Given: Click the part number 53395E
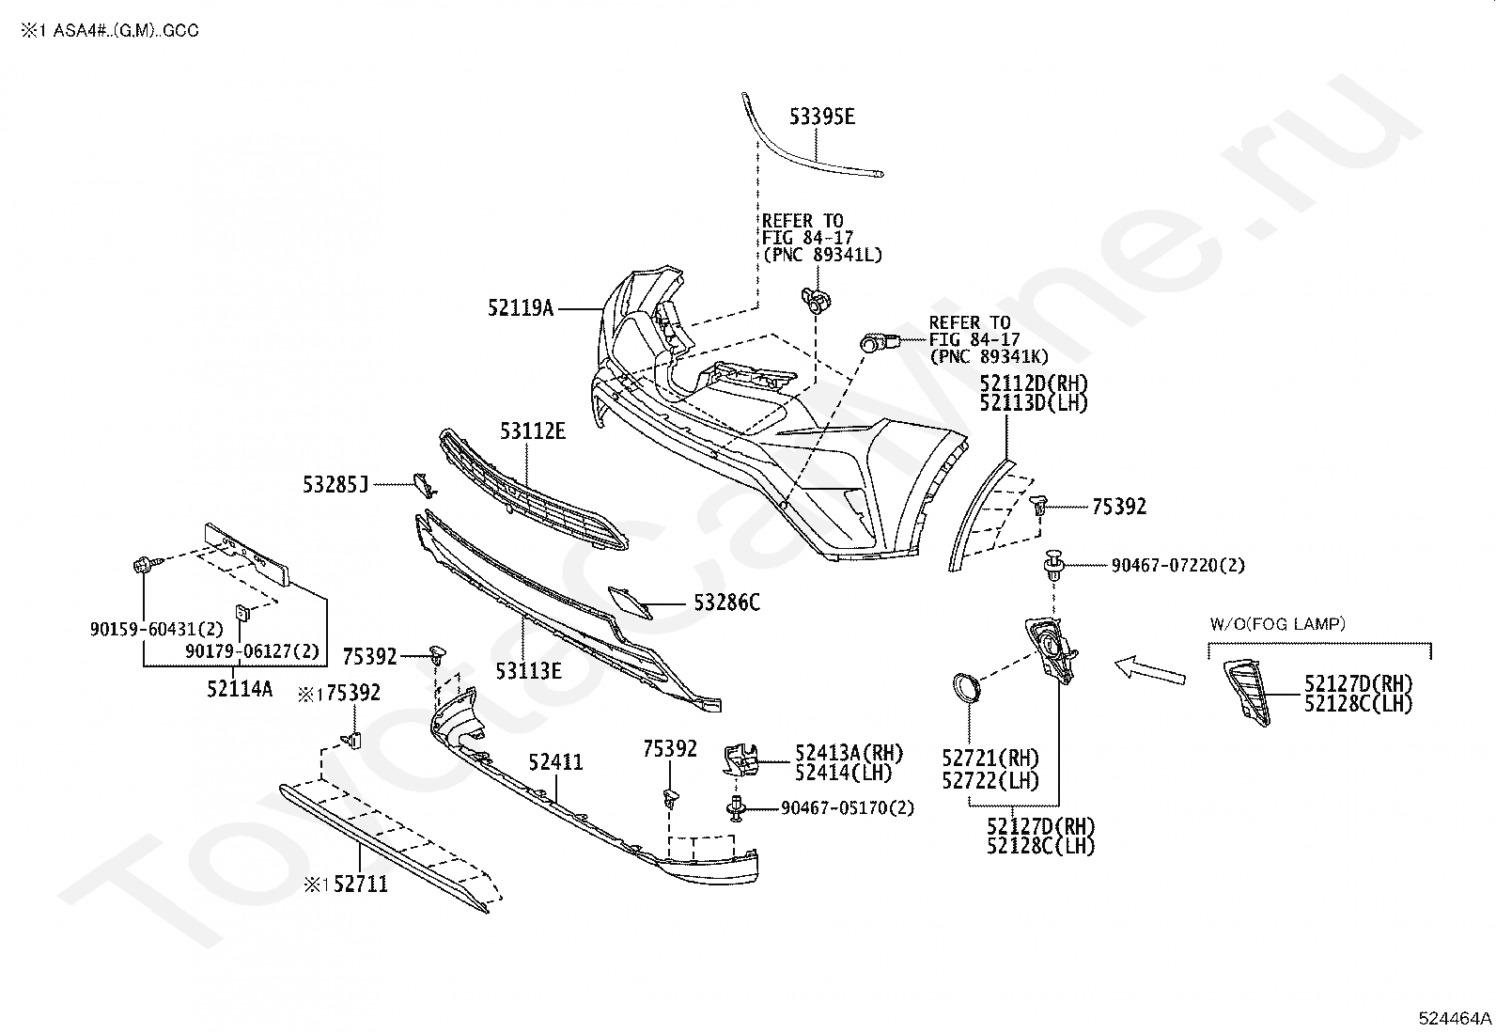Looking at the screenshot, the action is tap(822, 117).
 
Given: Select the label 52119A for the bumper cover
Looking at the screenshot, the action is tap(521, 308).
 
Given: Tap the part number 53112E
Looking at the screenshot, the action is tap(533, 431).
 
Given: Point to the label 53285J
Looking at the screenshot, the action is tap(335, 484).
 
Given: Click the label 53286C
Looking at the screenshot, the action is tap(726, 603).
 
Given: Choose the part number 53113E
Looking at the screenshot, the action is tap(528, 671).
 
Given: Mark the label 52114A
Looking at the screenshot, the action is tap(240, 689).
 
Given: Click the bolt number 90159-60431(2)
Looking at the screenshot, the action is tap(157, 629).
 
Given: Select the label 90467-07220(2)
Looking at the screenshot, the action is tap(1178, 565).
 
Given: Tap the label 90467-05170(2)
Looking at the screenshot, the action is tap(848, 807).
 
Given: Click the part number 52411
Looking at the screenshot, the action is tap(555, 761).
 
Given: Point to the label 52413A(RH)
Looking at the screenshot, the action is tap(849, 753).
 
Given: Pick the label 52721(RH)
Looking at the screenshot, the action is tap(990, 759).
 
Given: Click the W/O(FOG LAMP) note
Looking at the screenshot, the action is tap(1278, 624).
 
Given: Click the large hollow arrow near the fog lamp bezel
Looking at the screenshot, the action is tap(1150, 669).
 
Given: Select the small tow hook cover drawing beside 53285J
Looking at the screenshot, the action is tap(424, 485).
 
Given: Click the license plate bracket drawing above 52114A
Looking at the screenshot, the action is tap(247, 555).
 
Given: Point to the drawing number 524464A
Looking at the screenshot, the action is tap(1455, 1018).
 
